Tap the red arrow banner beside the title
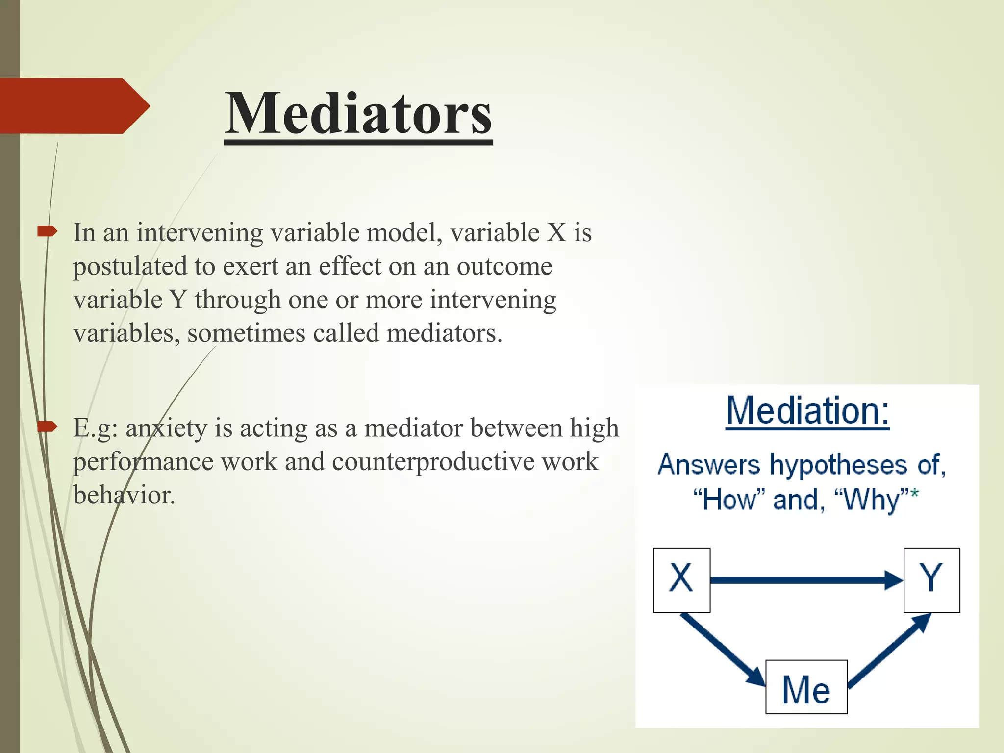(x=74, y=106)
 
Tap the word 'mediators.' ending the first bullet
(x=444, y=334)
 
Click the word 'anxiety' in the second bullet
(x=166, y=428)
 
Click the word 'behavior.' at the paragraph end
(x=124, y=495)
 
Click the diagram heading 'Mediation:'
(x=807, y=411)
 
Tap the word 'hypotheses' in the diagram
(x=838, y=465)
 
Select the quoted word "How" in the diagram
(x=730, y=500)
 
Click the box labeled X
(x=681, y=580)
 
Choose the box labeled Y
(x=931, y=580)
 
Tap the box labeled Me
(x=806, y=687)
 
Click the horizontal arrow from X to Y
(x=804, y=580)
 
